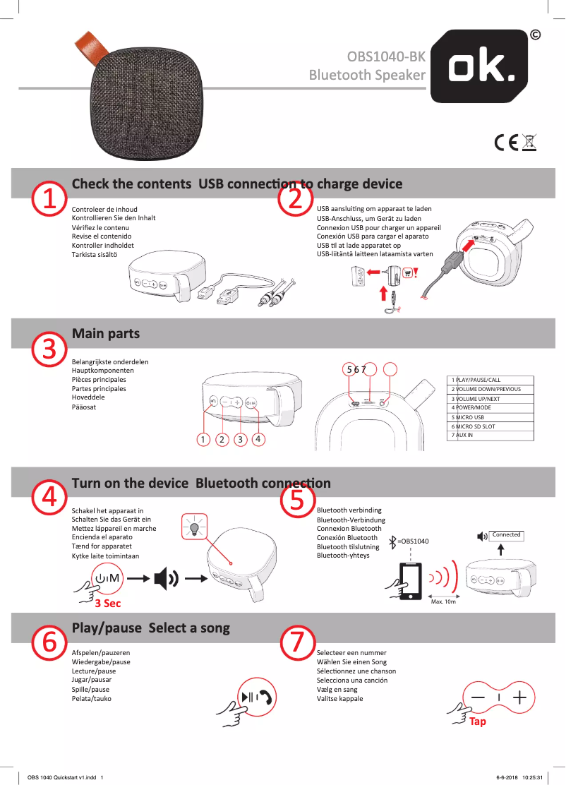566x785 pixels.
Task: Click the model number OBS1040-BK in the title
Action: (387, 56)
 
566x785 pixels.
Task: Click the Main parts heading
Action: (106, 333)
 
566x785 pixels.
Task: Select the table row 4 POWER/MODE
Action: (490, 408)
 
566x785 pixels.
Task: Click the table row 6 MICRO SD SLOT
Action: (490, 426)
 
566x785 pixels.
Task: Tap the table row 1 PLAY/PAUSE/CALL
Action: (490, 380)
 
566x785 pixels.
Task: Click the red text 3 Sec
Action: (108, 603)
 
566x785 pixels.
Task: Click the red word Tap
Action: (478, 721)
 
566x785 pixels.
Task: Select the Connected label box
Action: (506, 535)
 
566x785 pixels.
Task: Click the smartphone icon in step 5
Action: (409, 581)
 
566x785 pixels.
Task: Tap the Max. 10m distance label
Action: (443, 602)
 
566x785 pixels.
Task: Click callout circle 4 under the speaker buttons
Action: (259, 439)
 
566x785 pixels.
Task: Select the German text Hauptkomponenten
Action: (103, 371)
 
